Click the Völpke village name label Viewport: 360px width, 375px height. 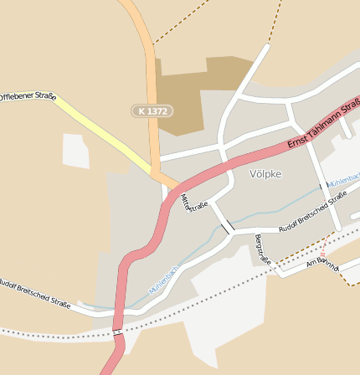tap(265, 174)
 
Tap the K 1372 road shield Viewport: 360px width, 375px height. tap(152, 110)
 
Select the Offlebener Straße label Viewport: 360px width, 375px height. tap(27, 97)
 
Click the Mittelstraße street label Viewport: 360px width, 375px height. tap(194, 202)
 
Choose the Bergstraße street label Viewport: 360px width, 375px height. tap(263, 249)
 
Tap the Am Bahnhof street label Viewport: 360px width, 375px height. tap(323, 263)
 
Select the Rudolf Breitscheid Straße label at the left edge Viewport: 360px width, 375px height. tap(35, 292)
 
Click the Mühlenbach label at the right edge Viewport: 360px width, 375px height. tap(343, 180)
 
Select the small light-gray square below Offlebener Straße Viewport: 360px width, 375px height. tap(75, 151)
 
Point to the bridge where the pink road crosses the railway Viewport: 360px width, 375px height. tap(117, 332)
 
